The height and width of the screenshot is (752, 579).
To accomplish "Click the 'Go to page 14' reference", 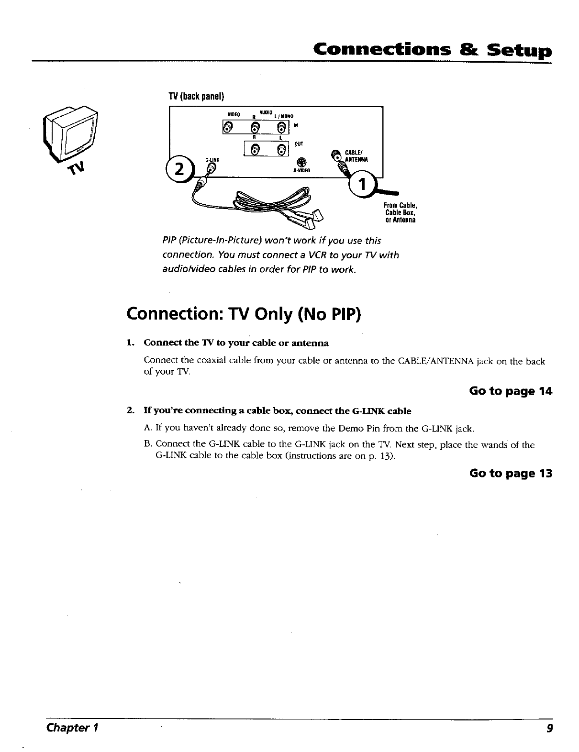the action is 511,391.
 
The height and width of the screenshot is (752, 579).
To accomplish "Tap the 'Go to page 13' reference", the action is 511,473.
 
